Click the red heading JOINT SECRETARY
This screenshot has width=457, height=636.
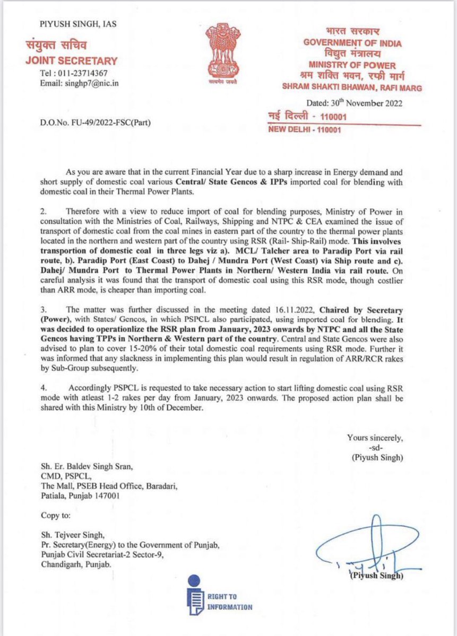point(72,60)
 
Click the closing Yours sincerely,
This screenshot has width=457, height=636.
point(375,437)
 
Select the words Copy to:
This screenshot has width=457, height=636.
point(57,515)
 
